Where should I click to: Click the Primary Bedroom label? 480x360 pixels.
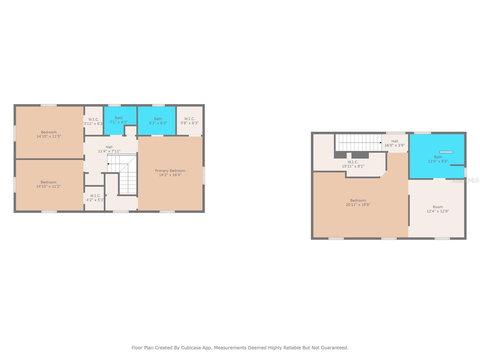170,171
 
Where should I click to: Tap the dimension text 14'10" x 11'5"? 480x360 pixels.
49,136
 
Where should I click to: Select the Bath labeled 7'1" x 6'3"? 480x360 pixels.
119,120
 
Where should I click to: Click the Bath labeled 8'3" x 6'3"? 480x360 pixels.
158,121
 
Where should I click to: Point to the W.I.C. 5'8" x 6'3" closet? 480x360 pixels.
190,121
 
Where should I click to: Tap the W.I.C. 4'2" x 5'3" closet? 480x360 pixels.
95,198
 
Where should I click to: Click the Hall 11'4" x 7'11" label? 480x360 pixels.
109,149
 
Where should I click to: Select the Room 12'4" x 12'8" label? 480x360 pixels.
438,209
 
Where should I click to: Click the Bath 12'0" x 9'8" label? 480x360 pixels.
438,159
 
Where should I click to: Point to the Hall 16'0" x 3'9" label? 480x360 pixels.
394,143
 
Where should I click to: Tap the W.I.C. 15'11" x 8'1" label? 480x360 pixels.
353,164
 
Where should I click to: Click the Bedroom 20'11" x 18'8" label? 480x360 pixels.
358,202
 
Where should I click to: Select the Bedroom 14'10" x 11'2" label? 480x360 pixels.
49,184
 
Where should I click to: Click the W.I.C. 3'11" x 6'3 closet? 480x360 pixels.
93,121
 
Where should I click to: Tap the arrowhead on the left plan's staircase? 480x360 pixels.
108,164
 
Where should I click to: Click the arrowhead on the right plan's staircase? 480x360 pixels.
380,143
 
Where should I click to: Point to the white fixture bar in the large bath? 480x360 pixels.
446,152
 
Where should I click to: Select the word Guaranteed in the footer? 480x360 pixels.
334,348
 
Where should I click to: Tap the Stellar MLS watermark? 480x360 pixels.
465,180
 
